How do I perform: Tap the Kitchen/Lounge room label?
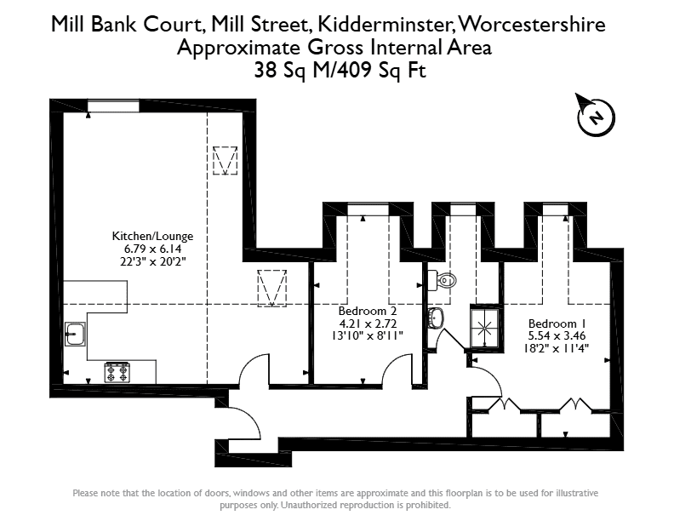click(152, 236)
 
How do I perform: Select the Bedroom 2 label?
click(368, 311)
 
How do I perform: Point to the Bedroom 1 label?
click(557, 323)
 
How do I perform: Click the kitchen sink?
click(75, 334)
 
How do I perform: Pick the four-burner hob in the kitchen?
click(117, 372)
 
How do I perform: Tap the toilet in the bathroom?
click(442, 281)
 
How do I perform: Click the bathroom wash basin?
click(436, 318)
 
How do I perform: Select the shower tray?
click(485, 329)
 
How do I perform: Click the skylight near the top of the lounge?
click(226, 160)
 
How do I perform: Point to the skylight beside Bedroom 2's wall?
click(272, 289)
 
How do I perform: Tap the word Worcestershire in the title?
click(532, 24)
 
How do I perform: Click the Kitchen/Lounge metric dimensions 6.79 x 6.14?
click(152, 249)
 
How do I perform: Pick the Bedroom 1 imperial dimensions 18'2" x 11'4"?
click(557, 348)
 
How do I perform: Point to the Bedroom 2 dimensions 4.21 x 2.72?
click(368, 323)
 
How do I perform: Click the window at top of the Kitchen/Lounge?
click(113, 106)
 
